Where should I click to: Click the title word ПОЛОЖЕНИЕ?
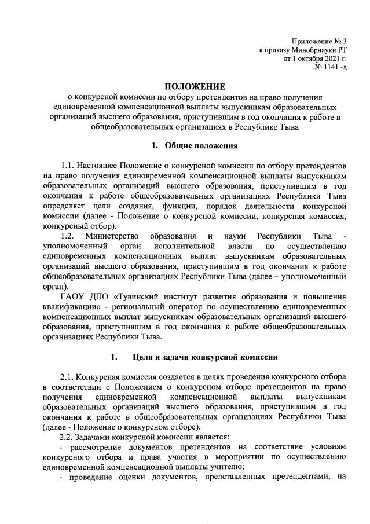coord(185,87)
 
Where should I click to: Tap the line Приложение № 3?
coord(318,41)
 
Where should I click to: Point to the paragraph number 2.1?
coord(69,376)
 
